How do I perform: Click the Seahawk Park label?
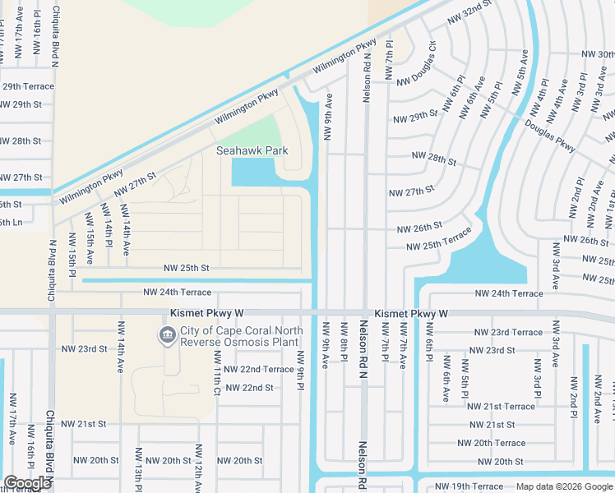tap(247, 151)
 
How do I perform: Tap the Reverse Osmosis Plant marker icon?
tap(167, 335)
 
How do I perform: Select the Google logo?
tap(27, 484)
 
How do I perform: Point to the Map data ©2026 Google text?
tap(564, 486)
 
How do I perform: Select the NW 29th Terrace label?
tap(27, 86)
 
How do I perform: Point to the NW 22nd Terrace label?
tap(264, 370)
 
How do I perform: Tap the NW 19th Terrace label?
tap(469, 487)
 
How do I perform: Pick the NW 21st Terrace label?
tap(501, 406)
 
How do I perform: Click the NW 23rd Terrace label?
tap(509, 332)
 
